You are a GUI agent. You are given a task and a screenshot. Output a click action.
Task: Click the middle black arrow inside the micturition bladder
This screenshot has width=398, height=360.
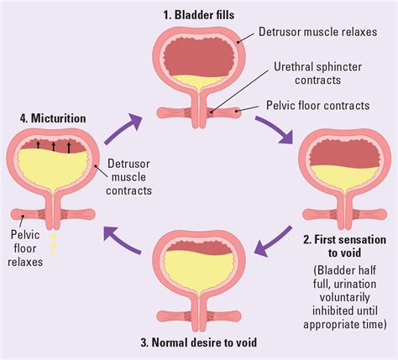tap(55, 147)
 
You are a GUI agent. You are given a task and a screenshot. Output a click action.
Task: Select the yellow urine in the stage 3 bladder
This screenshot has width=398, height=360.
tap(199, 267)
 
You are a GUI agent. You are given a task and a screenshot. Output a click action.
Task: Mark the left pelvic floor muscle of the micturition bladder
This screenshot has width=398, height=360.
tap(24, 212)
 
